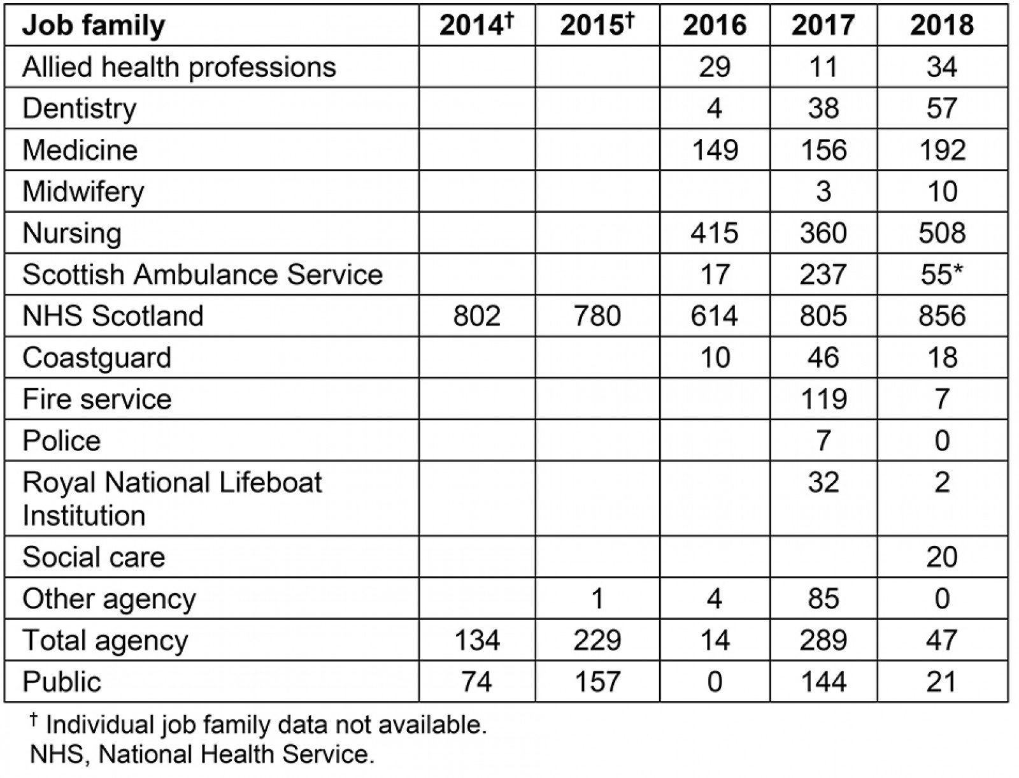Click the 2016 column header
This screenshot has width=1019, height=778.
[714, 25]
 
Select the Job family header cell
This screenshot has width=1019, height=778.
[94, 25]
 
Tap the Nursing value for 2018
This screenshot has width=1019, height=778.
[941, 233]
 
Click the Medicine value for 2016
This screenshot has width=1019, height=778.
[714, 150]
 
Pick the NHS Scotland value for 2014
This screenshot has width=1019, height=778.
[476, 316]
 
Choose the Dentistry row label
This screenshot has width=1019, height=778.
[80, 108]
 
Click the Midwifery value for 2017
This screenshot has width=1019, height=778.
[823, 192]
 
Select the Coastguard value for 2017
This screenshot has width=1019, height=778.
[823, 357]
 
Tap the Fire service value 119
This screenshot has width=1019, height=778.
[823, 400]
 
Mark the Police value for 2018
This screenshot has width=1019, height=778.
[941, 441]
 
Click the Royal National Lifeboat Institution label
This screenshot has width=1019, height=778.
[172, 498]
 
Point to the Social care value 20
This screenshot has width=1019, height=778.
[941, 557]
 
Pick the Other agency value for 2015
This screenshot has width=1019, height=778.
[597, 599]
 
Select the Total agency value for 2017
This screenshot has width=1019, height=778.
[823, 640]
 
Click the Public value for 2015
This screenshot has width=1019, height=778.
[597, 682]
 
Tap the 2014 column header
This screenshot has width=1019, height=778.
[476, 25]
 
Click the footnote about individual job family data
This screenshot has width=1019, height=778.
[258, 725]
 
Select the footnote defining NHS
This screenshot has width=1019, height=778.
[201, 754]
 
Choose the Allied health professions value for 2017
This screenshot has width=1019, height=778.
[823, 67]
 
